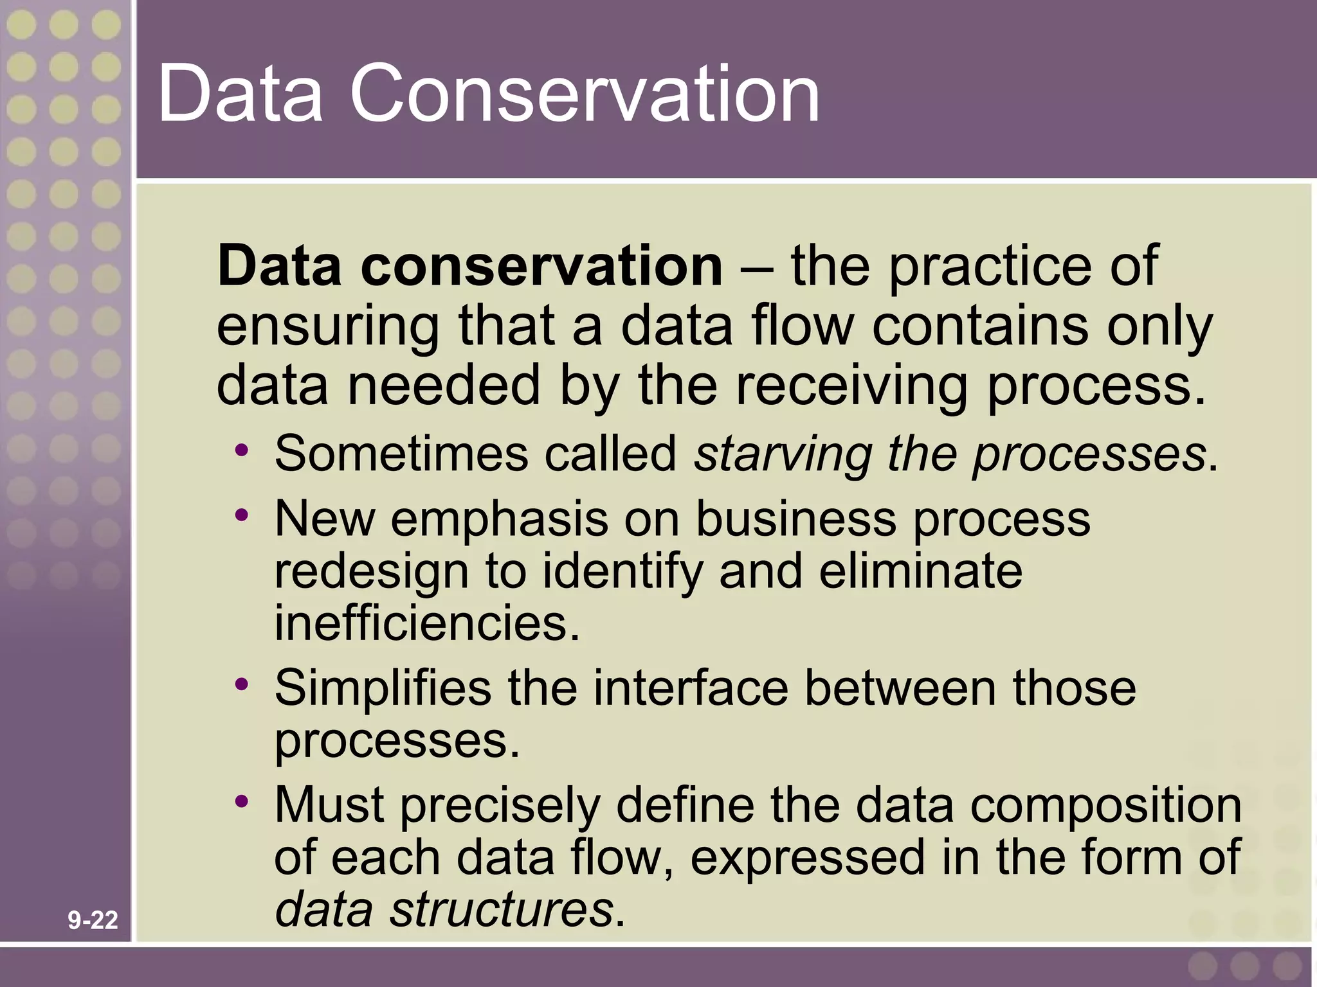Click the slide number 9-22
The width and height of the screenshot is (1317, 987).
[x=93, y=921]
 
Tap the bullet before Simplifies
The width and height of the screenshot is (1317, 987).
[x=241, y=685]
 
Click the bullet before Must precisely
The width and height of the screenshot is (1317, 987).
[x=241, y=802]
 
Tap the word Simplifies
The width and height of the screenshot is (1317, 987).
[x=383, y=689]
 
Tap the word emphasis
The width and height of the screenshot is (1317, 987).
[x=498, y=519]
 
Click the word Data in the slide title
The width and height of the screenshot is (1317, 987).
[x=239, y=94]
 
